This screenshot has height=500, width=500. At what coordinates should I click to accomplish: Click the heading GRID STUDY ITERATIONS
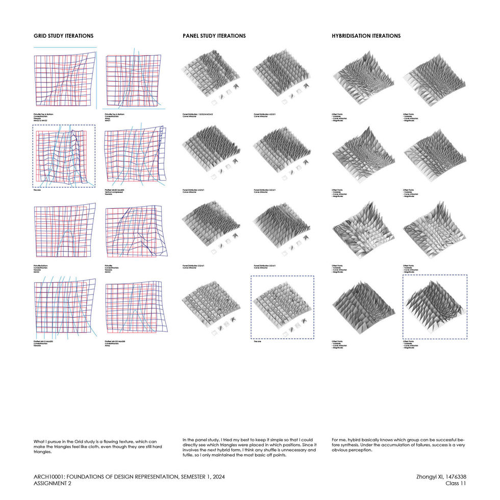click(63, 36)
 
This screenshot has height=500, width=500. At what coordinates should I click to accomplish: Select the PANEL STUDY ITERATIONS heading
click(214, 36)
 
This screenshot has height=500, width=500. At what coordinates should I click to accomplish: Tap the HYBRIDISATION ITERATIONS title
click(366, 36)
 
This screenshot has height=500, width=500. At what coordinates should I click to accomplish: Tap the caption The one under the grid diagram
click(37, 190)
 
